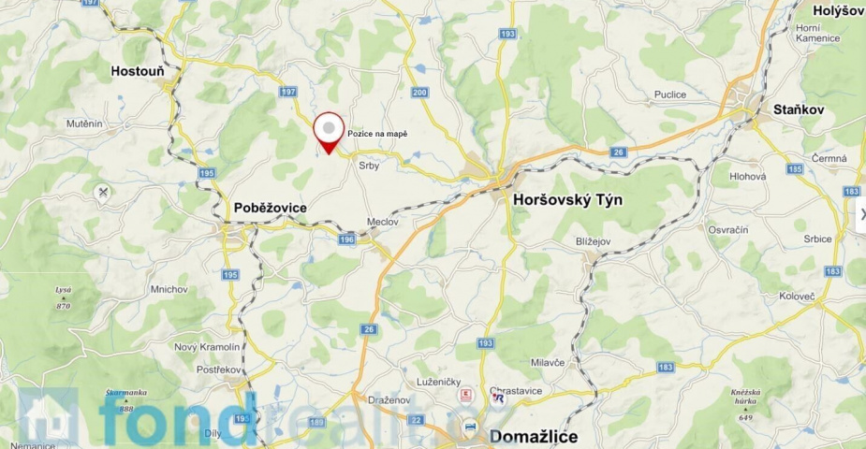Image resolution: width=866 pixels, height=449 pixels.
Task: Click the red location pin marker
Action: [x=329, y=131]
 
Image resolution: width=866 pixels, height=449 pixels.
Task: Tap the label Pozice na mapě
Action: [x=377, y=134]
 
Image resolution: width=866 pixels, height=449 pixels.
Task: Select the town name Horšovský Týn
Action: [x=567, y=200]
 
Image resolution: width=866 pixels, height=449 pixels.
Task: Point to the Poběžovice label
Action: [x=271, y=208]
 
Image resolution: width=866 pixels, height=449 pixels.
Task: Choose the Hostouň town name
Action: [x=138, y=70]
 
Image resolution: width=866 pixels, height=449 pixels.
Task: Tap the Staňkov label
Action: [x=799, y=109]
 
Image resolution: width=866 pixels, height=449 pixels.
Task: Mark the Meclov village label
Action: [x=383, y=222]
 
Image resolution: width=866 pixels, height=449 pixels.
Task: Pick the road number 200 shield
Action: [x=418, y=92]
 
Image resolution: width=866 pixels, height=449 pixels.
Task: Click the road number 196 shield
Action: [x=347, y=240]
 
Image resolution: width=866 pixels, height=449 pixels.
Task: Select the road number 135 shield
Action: [x=795, y=169]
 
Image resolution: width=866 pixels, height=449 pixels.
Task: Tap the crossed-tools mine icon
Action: [x=103, y=193]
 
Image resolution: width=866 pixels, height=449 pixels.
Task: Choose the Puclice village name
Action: [x=669, y=94]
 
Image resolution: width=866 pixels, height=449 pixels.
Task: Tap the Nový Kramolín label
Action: [x=207, y=347]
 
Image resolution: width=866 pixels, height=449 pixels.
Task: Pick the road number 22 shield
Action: [x=417, y=419]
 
